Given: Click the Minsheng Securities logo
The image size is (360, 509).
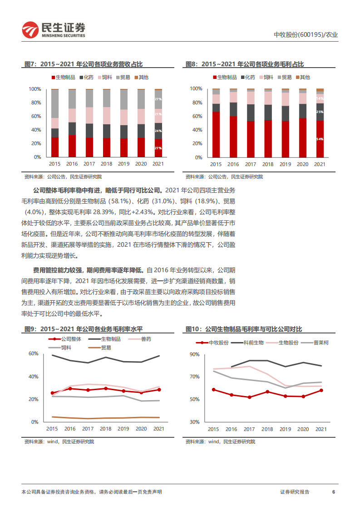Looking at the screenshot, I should [54, 30].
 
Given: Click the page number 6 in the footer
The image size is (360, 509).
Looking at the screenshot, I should [334, 492].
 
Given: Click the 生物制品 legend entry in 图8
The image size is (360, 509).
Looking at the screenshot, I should [224, 78].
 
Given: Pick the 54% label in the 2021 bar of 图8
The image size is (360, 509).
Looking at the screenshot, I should [320, 139].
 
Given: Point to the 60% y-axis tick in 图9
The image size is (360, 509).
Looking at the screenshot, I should [33, 353].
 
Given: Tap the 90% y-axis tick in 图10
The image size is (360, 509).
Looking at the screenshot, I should [194, 354].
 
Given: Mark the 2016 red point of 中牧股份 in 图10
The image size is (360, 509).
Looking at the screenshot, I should [231, 395].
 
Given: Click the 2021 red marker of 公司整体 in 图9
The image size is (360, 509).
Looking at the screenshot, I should [158, 390].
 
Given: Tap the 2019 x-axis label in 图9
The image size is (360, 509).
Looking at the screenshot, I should [123, 429].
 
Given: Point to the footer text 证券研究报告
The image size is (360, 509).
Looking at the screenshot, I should [295, 492].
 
